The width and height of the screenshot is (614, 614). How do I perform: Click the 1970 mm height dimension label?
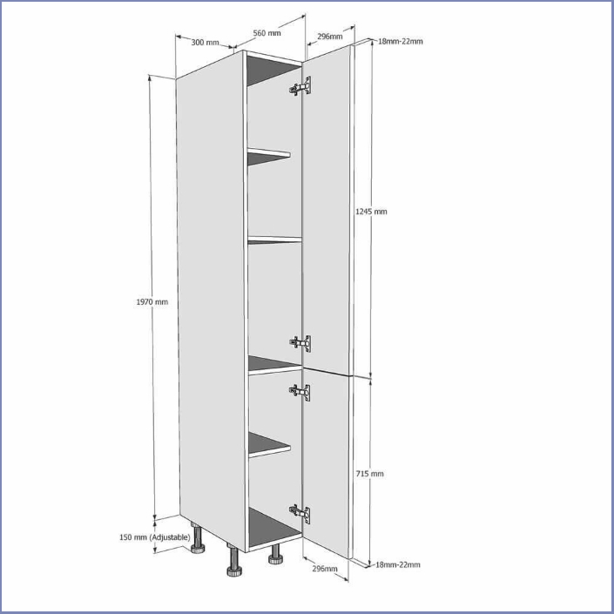[152, 302]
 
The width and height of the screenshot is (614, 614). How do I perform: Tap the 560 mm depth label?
[267, 33]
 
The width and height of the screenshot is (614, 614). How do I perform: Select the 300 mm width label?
[205, 42]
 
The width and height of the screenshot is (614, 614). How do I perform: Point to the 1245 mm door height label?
[371, 212]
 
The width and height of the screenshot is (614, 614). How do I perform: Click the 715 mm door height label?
[369, 474]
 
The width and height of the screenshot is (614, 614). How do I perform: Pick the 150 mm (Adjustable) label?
[155, 537]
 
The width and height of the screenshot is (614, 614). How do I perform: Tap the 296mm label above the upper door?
[330, 37]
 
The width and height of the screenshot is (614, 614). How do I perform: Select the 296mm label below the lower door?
[325, 568]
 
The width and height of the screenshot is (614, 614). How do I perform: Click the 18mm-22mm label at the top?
[401, 41]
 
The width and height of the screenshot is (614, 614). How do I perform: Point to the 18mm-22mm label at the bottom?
[398, 564]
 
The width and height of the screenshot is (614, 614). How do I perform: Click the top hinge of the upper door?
[300, 86]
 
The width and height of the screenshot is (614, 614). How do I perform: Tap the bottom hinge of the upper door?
[300, 343]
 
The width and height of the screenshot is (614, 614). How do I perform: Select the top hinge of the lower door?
[300, 393]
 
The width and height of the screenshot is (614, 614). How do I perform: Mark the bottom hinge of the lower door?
[300, 513]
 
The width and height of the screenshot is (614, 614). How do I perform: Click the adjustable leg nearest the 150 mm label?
[198, 539]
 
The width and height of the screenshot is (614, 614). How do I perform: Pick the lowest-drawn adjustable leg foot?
[234, 561]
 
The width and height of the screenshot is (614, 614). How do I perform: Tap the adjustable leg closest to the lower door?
[276, 554]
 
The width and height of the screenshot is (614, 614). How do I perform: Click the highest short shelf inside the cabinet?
[269, 156]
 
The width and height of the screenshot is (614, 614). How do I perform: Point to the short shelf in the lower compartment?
[269, 444]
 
